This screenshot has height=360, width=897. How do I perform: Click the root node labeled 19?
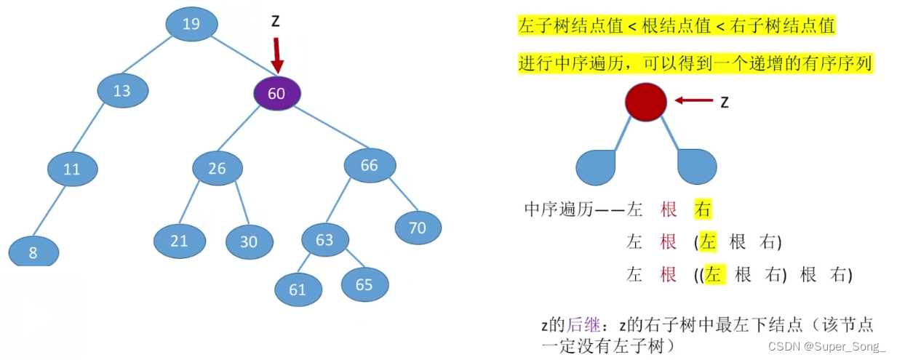point(191,25)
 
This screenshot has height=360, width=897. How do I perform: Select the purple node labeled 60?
point(276,93)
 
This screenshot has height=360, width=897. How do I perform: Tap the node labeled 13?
point(122,91)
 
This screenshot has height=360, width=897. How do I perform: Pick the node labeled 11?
point(72,170)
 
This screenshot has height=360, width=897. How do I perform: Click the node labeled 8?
point(33,253)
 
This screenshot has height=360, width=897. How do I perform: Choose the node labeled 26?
point(217,168)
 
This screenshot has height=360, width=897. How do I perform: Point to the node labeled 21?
point(179,240)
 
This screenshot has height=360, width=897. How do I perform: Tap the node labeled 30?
point(249,241)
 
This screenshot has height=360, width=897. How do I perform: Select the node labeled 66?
point(369,166)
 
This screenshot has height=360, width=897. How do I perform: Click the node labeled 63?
point(324,239)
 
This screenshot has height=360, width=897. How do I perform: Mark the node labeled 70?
point(418,228)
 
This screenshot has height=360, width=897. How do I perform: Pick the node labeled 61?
point(298,290)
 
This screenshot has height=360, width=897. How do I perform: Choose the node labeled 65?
point(364,284)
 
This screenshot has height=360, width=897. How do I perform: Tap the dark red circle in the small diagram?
point(645,102)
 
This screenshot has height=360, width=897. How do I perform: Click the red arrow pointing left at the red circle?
point(693,102)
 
